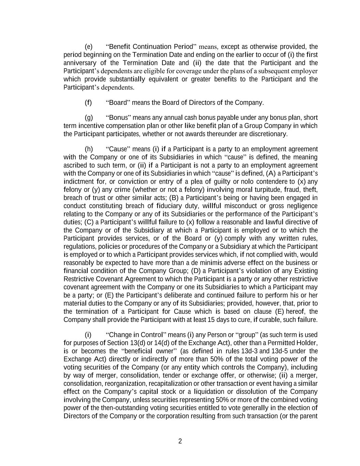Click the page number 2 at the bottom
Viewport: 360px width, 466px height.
point(180,441)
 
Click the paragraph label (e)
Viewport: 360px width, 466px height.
point(88,46)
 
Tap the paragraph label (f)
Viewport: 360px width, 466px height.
point(88,102)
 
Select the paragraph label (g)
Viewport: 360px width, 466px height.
point(88,118)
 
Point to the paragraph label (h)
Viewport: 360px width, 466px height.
point(88,149)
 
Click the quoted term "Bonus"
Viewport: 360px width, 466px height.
point(118,118)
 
